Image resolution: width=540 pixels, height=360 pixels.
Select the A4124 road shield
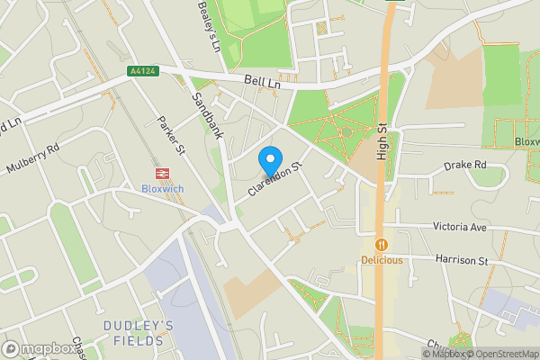[x=144, y=70]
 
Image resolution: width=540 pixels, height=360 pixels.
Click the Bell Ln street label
[x=262, y=82]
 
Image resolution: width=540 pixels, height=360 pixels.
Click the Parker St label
[x=170, y=133]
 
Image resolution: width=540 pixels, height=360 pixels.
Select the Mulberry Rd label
[x=32, y=157]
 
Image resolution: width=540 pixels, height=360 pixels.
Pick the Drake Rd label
[x=465, y=166]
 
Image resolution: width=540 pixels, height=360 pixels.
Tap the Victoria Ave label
[x=459, y=227]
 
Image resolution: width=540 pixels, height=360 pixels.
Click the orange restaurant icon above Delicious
[x=382, y=244]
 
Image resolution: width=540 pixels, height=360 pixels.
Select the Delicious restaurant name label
[x=382, y=260]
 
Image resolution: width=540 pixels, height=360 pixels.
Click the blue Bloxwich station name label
[x=163, y=189]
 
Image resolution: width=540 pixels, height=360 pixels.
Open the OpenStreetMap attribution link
[x=502, y=354]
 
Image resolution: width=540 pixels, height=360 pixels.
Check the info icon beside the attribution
[x=428, y=354]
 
